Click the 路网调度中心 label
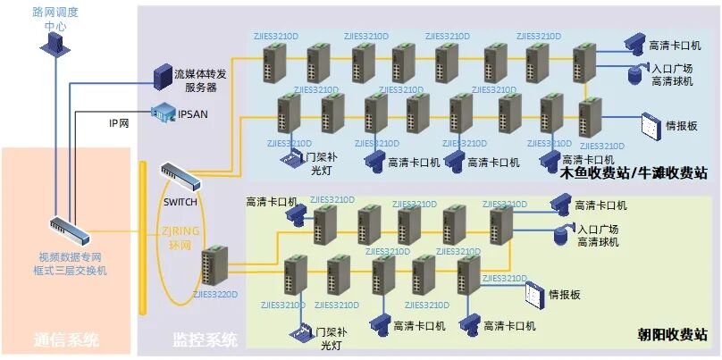click(55, 19)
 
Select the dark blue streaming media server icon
click(163, 75)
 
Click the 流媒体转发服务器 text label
click(199, 80)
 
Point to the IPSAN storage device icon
click(164, 112)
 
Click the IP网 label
click(119, 123)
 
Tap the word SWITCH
click(180, 202)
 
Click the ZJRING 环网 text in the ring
click(181, 238)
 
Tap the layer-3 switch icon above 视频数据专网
click(68, 232)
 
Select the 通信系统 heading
click(65, 339)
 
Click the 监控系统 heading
click(205, 339)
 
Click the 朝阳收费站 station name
click(672, 335)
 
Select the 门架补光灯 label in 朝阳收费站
click(330, 337)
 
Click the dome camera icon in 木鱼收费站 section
click(636, 73)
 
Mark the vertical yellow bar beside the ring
click(142, 236)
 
